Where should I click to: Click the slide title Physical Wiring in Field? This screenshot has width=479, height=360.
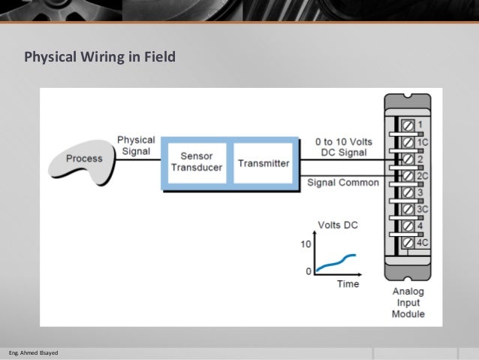100,57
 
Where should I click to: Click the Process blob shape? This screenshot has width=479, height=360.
83,159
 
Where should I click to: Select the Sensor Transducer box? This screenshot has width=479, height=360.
196,162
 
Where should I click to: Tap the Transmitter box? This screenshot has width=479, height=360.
263,162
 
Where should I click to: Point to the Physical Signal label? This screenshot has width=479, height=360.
136,145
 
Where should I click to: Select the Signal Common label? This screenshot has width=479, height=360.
343,183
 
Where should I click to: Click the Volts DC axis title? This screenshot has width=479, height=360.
339,225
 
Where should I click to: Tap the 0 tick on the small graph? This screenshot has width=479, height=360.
308,271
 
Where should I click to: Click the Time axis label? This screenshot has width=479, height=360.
348,284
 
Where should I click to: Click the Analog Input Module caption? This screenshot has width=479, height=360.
408,302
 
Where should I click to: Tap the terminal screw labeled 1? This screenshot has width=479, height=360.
408,123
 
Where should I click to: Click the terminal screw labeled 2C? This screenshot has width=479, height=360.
408,175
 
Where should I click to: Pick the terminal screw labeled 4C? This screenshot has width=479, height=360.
408,242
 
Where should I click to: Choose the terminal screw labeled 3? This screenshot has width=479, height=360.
408,192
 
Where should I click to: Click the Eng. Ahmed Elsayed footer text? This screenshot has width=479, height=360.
32,352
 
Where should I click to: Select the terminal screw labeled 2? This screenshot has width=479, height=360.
408,159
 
